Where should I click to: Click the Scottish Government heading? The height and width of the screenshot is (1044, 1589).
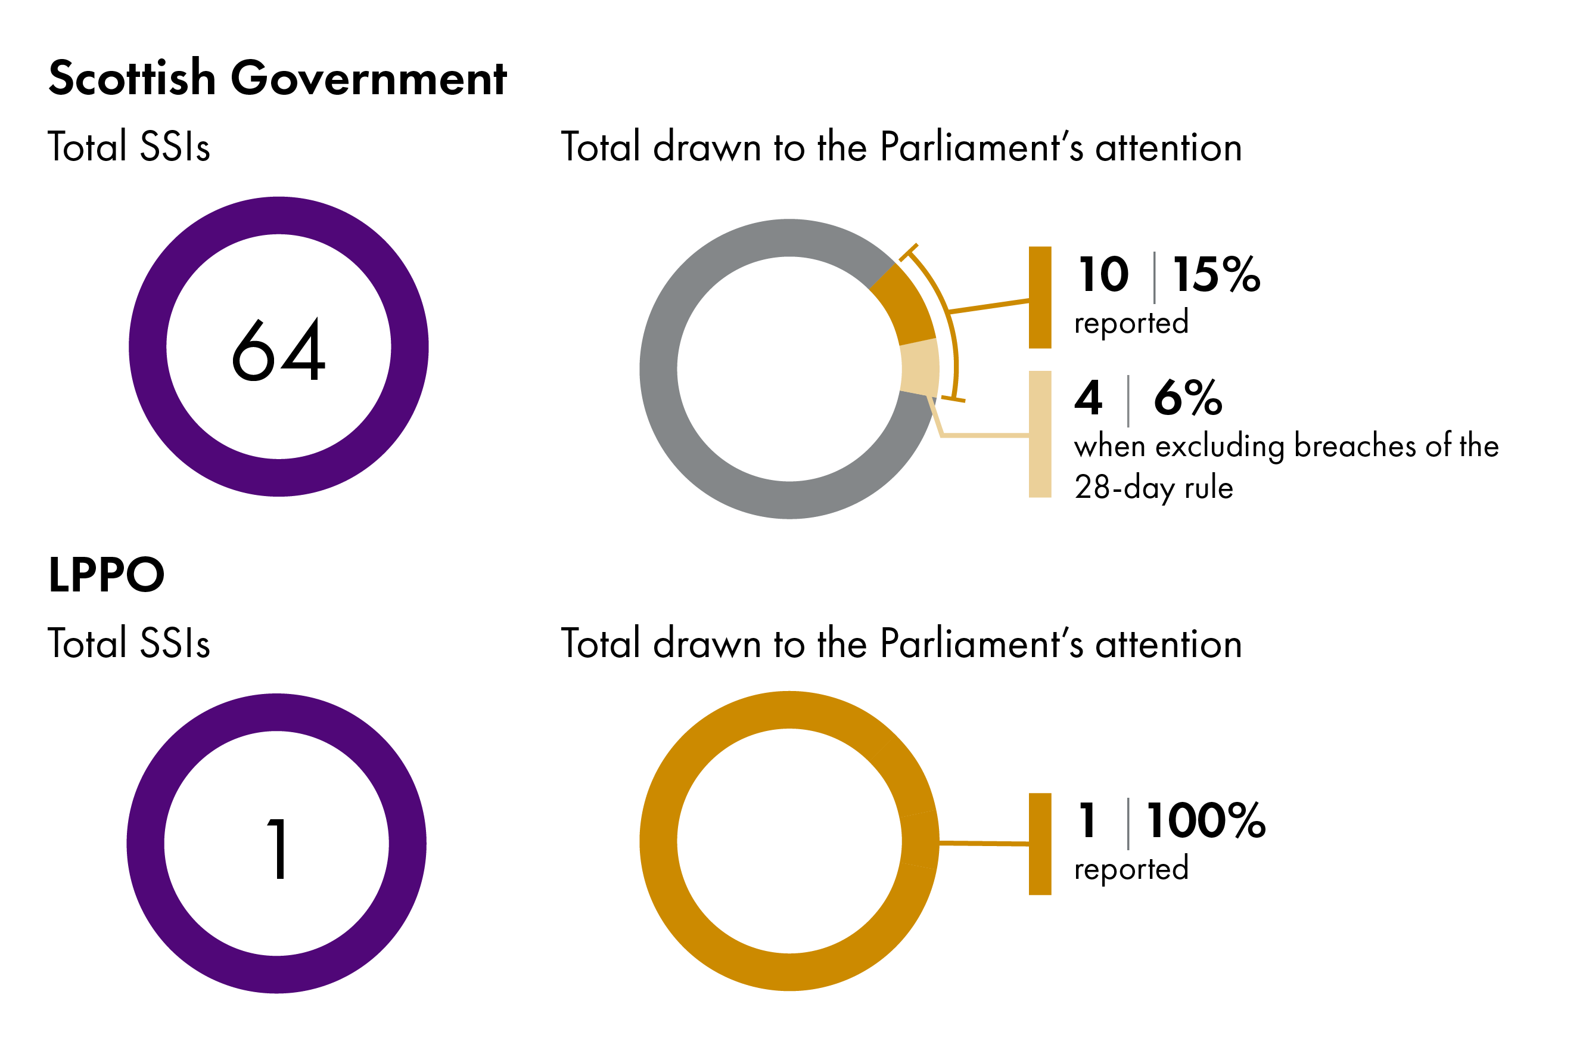tap(278, 78)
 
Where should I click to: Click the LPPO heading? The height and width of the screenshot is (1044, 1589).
tap(106, 575)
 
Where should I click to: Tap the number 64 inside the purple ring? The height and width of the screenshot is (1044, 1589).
tap(278, 350)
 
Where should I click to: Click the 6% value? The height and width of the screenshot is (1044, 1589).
tap(1188, 398)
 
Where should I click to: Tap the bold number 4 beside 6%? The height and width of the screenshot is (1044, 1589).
tap(1089, 398)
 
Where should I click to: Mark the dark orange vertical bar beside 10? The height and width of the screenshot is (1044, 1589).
tap(1040, 298)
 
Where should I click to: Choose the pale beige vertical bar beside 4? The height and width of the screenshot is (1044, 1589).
tap(1040, 434)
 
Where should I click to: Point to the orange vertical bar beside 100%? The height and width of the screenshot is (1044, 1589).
tap(1040, 844)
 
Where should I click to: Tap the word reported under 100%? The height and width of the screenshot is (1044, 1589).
tap(1131, 869)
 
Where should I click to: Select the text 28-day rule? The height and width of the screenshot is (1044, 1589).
tap(1153, 488)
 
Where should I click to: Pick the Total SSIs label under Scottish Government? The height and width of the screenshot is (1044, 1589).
tap(129, 147)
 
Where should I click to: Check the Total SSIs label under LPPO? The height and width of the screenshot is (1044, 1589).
tap(129, 644)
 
